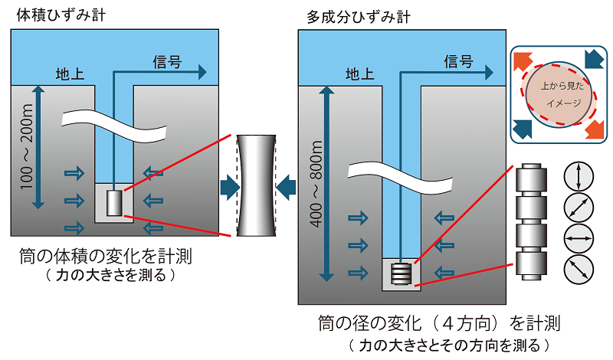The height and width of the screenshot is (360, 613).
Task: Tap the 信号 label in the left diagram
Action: [167, 62]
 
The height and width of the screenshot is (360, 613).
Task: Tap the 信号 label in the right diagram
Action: [457, 61]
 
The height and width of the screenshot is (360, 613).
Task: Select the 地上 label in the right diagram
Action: [360, 74]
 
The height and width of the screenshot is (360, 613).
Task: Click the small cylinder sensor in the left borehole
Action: [114, 203]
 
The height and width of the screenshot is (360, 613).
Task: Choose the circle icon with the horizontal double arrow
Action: [578, 238]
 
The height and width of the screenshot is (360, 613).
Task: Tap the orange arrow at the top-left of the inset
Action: [525, 62]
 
